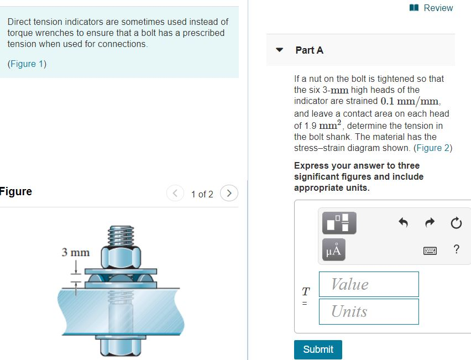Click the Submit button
point(318,349)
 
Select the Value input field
point(368,284)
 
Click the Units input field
point(368,311)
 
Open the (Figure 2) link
point(433,148)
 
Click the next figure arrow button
point(229,194)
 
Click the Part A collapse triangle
point(280,50)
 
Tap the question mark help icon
point(456,249)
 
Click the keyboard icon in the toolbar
point(431,251)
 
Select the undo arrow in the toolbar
point(403,223)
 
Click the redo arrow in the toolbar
point(430,223)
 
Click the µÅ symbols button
point(334,249)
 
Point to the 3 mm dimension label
point(75,252)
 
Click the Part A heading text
point(309,50)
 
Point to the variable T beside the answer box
point(305,290)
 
